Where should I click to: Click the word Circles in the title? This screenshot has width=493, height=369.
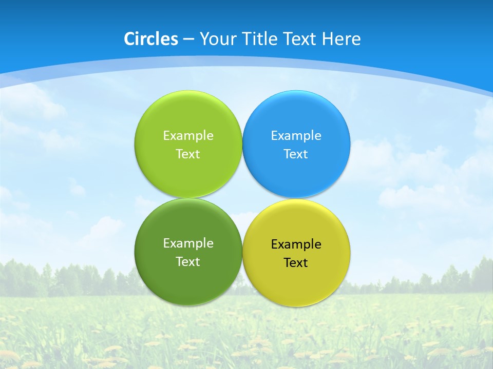tap(151, 39)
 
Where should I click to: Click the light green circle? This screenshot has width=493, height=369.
tap(188, 118)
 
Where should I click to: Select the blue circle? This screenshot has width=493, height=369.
tap(296, 118)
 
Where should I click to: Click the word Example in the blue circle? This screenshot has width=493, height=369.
tap(296, 135)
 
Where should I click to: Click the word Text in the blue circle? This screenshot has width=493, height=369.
tap(296, 154)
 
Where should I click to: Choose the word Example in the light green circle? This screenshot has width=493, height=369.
tap(188, 135)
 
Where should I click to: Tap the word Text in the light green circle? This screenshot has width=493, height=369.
tap(188, 154)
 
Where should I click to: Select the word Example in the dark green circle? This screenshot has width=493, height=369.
tap(188, 243)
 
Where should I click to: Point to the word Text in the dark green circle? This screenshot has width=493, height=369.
tap(188, 261)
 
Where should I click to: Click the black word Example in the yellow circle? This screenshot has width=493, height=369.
tap(296, 244)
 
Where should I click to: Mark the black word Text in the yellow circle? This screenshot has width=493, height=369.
tap(296, 262)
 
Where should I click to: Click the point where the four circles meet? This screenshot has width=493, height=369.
tap(242, 198)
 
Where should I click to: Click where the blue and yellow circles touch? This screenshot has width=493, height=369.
tap(296, 198)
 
